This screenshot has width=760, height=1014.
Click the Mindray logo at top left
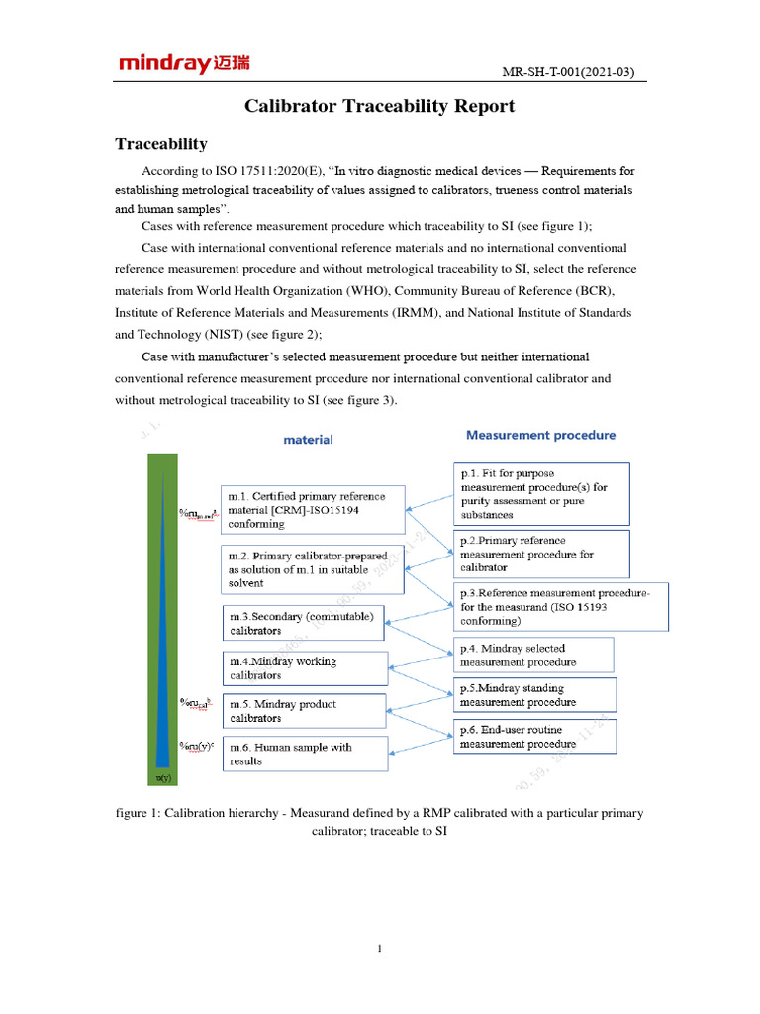tap(184, 64)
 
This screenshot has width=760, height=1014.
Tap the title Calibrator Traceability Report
tap(380, 106)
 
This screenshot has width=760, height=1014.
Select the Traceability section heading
tap(161, 144)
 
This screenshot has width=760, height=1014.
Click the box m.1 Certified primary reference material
tap(312, 509)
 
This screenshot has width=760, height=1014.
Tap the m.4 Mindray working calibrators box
tap(304, 668)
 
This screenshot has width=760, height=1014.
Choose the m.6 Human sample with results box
tap(304, 754)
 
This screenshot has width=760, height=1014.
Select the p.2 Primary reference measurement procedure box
tap(541, 554)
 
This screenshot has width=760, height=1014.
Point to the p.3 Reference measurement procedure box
tap(561, 606)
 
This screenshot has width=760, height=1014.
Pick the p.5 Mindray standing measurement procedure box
tap(534, 694)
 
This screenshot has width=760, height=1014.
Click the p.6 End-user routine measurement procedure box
tap(534, 736)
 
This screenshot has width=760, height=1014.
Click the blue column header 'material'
tap(309, 440)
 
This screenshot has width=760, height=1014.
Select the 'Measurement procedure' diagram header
tap(540, 435)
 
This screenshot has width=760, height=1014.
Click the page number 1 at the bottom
tap(380, 949)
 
